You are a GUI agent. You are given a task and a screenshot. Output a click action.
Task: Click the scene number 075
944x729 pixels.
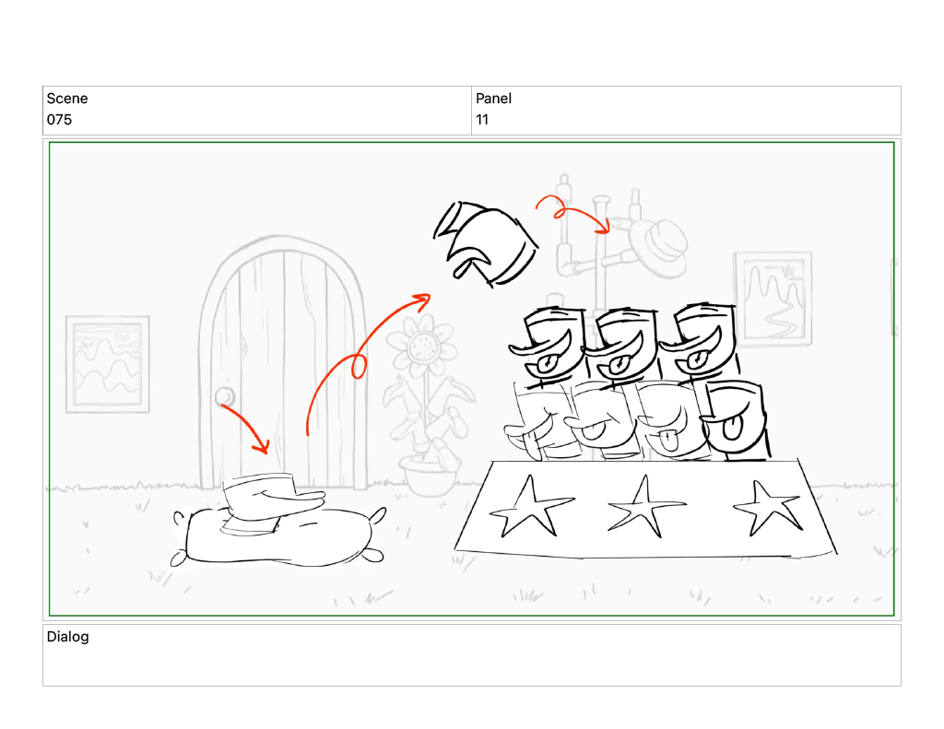coord(59,120)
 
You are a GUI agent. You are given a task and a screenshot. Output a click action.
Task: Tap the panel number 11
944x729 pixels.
coord(481,120)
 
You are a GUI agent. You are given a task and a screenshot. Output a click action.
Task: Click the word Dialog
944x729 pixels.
coord(67,637)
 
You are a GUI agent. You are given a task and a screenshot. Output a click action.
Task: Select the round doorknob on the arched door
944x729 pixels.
coord(225,396)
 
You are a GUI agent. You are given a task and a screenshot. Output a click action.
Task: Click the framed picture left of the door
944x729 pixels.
coord(108,364)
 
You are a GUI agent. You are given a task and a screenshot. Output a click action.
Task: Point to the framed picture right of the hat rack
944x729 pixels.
coord(773,300)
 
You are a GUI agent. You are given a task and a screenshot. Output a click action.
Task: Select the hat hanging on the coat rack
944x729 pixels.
coord(658,248)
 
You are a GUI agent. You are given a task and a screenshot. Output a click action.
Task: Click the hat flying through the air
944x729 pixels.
coord(485,243)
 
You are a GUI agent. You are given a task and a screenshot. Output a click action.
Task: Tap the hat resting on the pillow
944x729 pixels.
coord(271,502)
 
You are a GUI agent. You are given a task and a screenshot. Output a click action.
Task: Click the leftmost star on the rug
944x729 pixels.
coord(530,507)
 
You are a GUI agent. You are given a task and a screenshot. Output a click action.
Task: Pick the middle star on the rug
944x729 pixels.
coord(645,507)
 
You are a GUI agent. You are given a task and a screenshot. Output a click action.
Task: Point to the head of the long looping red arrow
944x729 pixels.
coord(423,299)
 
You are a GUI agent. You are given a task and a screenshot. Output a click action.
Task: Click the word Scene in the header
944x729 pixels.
coord(67,99)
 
